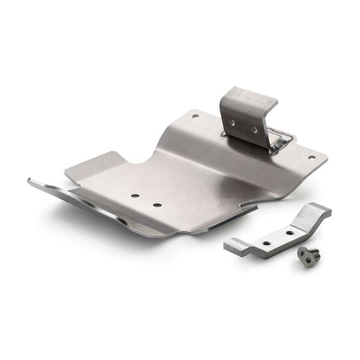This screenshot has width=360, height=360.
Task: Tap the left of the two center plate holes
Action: pyautogui.click(x=135, y=196)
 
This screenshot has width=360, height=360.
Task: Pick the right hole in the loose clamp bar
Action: pyautogui.click(x=289, y=232)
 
